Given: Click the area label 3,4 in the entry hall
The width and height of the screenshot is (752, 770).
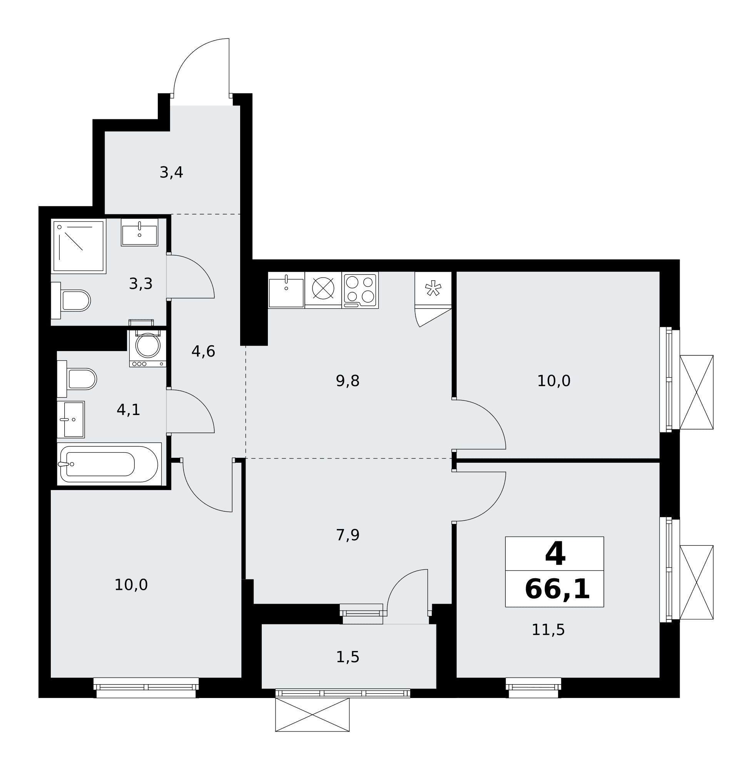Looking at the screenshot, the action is click(x=171, y=172).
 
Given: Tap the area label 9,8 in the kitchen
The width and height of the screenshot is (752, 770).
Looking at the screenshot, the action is click(x=348, y=381).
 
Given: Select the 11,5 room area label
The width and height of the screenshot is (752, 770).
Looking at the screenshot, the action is click(x=548, y=630).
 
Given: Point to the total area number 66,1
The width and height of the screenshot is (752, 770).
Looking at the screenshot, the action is click(x=557, y=589).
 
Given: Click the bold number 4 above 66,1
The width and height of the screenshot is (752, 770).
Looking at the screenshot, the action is click(x=555, y=554).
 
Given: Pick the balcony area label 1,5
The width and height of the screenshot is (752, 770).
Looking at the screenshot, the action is click(x=348, y=657).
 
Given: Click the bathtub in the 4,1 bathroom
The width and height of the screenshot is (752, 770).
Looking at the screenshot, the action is click(x=109, y=464).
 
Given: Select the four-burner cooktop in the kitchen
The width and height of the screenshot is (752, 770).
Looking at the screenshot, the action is click(x=360, y=290).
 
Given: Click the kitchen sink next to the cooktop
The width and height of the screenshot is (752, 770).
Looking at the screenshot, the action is click(x=286, y=290).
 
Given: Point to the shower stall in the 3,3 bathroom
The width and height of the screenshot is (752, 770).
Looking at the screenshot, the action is click(x=79, y=246).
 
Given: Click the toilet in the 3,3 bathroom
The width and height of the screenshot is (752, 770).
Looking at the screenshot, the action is click(x=71, y=301).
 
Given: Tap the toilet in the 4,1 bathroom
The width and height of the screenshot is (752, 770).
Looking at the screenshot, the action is click(x=77, y=379).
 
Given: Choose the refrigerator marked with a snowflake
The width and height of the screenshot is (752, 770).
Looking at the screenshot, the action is click(x=433, y=290).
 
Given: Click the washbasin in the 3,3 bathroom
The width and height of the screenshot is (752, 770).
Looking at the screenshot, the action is click(x=139, y=233).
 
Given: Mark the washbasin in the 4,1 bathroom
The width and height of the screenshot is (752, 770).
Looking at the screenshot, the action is click(x=71, y=420).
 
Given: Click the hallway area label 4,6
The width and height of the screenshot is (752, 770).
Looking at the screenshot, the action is click(x=204, y=352).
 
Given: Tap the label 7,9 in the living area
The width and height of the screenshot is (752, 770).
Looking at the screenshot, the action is click(x=348, y=535).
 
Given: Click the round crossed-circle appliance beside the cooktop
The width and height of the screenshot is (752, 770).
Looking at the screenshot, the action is click(x=323, y=288).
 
